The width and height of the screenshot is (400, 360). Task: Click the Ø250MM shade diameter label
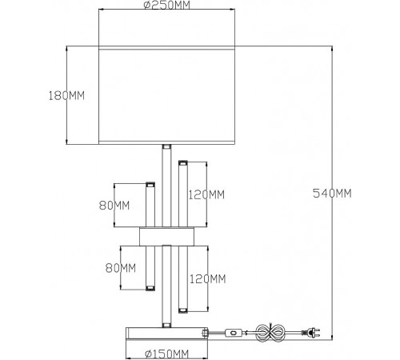(x=167, y=5)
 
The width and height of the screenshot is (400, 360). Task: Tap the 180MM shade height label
(x=66, y=95)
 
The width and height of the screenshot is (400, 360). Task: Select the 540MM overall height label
(x=332, y=193)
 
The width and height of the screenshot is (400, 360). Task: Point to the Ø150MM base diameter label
(x=166, y=354)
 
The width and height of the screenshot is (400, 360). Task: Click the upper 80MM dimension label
(x=114, y=206)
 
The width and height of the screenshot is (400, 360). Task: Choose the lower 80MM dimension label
(x=121, y=268)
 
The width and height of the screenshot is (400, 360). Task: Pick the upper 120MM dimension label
(x=206, y=194)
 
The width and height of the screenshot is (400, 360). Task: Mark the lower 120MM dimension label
(x=208, y=279)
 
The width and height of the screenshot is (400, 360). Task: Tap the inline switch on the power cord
(x=234, y=333)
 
